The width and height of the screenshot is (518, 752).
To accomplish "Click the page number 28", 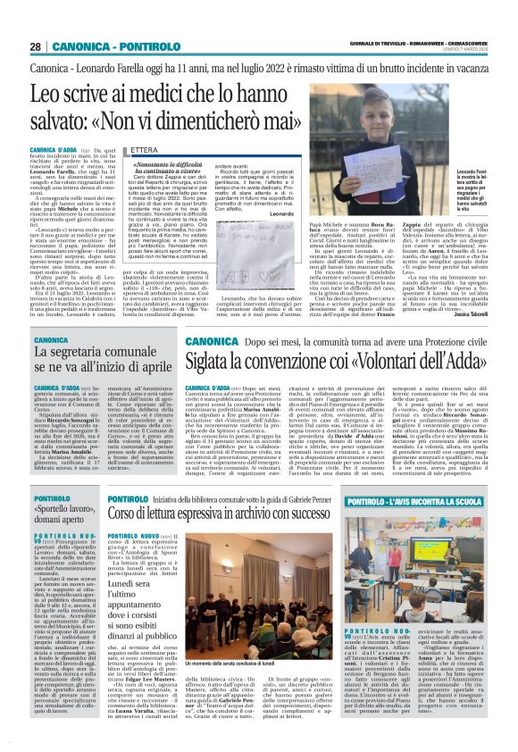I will [36, 47].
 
